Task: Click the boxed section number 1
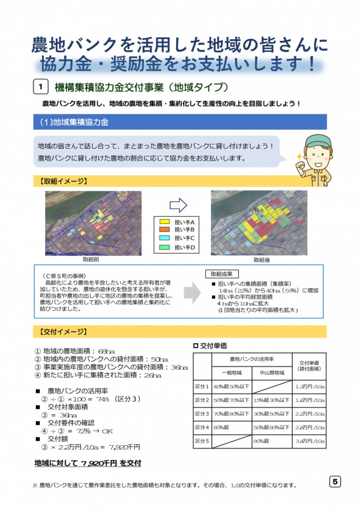(x=41, y=87)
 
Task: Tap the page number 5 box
(x=334, y=482)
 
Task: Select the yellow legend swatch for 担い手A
(x=164, y=222)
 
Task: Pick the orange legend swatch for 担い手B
(x=164, y=230)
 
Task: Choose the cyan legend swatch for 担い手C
(x=164, y=238)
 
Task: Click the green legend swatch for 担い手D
(x=164, y=247)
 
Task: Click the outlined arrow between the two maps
(x=178, y=205)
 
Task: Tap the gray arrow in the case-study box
(x=191, y=293)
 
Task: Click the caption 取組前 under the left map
(x=91, y=259)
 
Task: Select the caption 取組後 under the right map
(x=261, y=260)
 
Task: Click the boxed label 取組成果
(x=222, y=274)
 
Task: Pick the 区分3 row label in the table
(x=202, y=414)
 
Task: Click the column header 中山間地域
(x=272, y=373)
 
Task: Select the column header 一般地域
(x=231, y=373)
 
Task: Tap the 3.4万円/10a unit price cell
(x=310, y=441)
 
